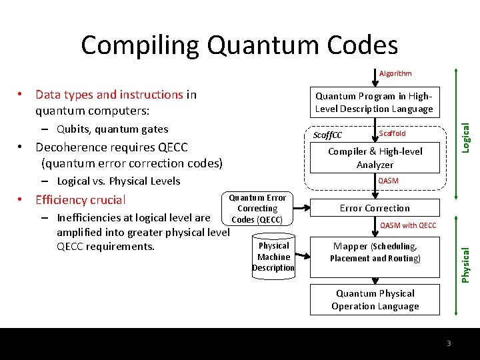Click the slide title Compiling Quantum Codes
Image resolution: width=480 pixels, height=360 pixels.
pyautogui.click(x=239, y=45)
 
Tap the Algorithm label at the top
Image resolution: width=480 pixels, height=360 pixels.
pyautogui.click(x=395, y=73)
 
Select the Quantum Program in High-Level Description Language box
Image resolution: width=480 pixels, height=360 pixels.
pyautogui.click(x=374, y=102)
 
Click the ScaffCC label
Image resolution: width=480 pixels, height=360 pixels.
pyautogui.click(x=327, y=135)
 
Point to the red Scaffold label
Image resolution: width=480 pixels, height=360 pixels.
pyautogui.click(x=392, y=133)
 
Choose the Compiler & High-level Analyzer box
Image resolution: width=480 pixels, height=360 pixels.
pyautogui.click(x=375, y=158)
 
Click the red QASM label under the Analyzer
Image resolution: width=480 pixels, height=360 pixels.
pyautogui.click(x=388, y=181)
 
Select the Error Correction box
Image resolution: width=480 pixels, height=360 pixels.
pyautogui.click(x=375, y=208)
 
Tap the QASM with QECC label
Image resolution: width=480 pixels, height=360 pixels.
pyautogui.click(x=408, y=225)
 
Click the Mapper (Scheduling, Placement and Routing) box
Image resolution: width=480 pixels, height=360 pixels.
pyautogui.click(x=375, y=252)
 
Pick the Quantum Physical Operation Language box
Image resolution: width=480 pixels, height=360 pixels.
pyautogui.click(x=375, y=299)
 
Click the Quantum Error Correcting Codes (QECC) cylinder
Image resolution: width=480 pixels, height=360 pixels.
pyautogui.click(x=257, y=209)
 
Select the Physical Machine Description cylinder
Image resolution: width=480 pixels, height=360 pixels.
pyautogui.click(x=273, y=257)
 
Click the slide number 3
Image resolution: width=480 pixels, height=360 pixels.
pyautogui.click(x=449, y=343)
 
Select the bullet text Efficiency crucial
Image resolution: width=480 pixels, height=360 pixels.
pyautogui.click(x=80, y=199)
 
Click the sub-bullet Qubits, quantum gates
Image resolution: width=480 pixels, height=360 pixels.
pyautogui.click(x=112, y=129)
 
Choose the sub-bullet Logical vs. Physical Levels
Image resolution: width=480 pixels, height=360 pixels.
pyautogui.click(x=118, y=181)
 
